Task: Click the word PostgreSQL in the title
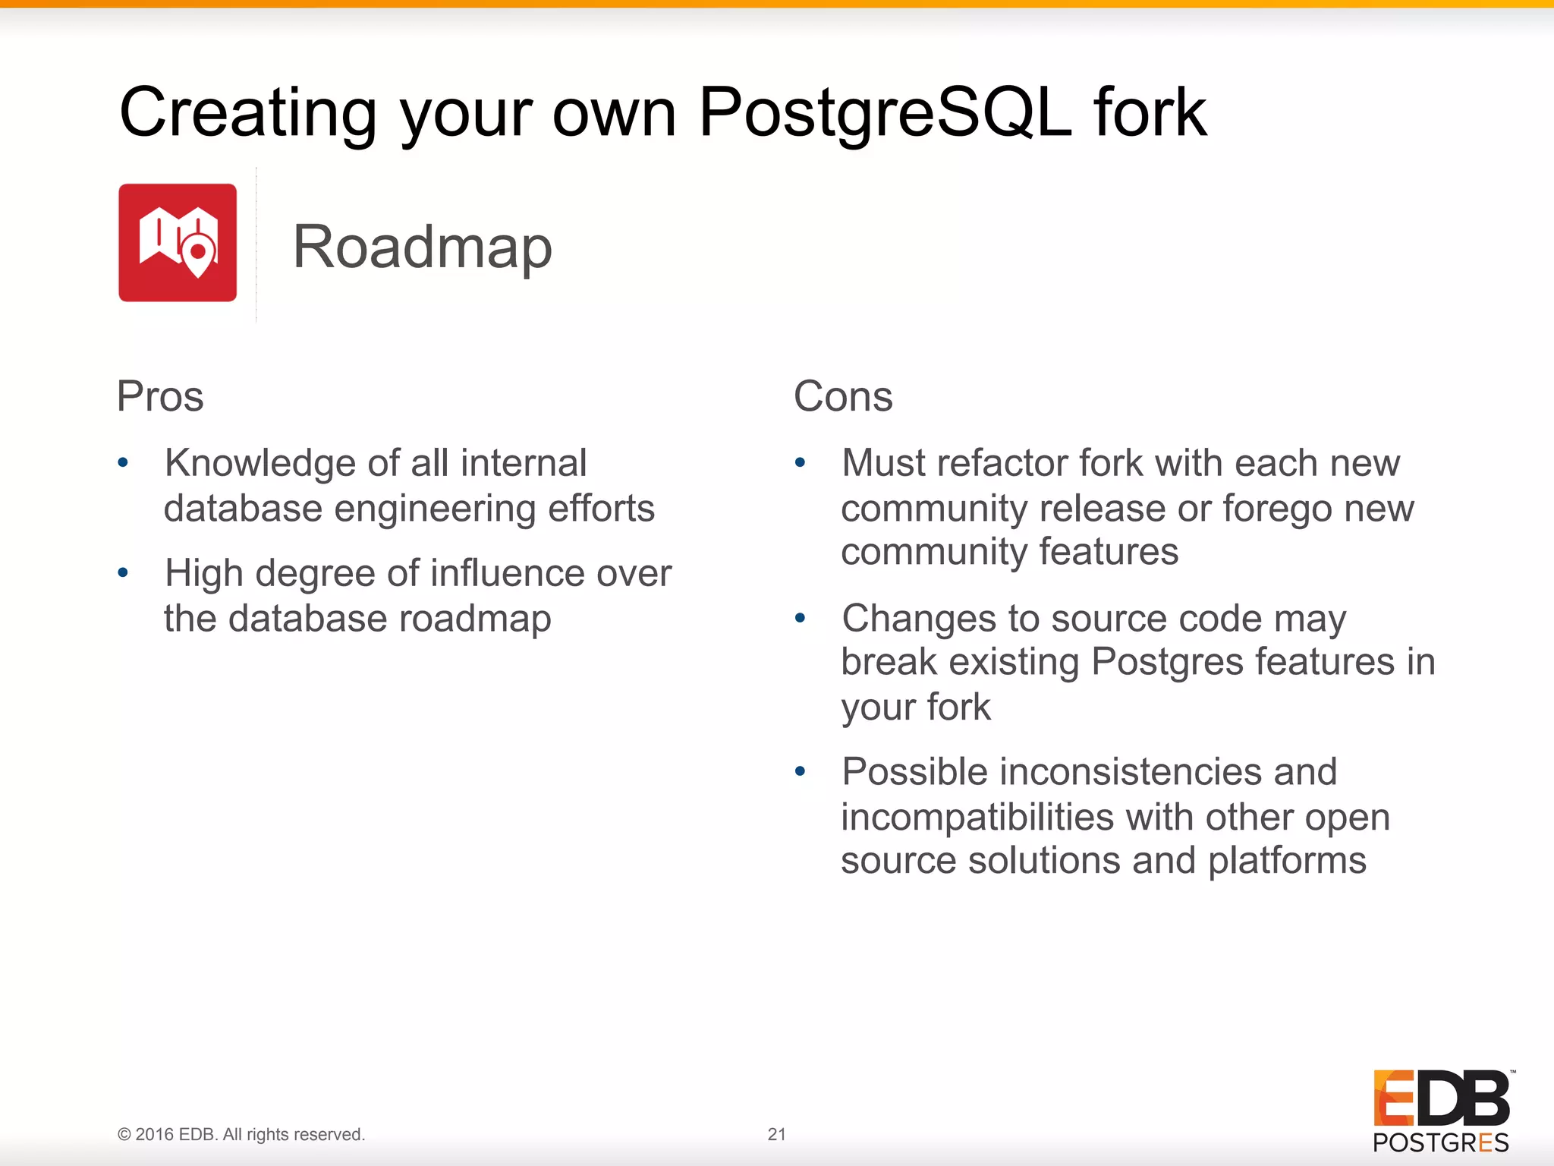tap(885, 112)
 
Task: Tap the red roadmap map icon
tap(178, 243)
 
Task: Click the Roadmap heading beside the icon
tap(423, 247)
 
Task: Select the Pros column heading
tap(160, 396)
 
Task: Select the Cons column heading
tap(843, 396)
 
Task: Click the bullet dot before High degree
tap(123, 572)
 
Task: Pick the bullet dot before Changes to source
tap(800, 618)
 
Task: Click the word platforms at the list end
tap(1287, 861)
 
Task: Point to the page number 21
tap(776, 1134)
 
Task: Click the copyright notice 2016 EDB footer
tap(241, 1134)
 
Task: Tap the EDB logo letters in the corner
tap(1441, 1098)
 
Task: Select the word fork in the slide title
tap(1150, 112)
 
